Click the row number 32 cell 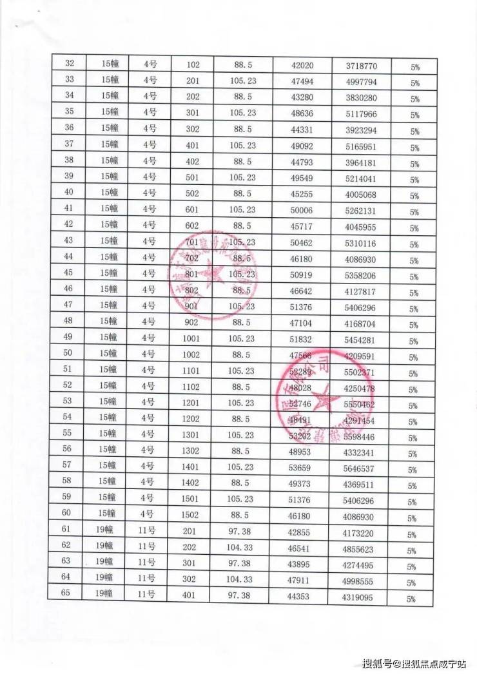tap(70, 63)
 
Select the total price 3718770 tap(361, 66)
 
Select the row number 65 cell tap(66, 593)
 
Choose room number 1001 tap(193, 338)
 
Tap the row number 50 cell tap(67, 353)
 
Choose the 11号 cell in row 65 tap(147, 594)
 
